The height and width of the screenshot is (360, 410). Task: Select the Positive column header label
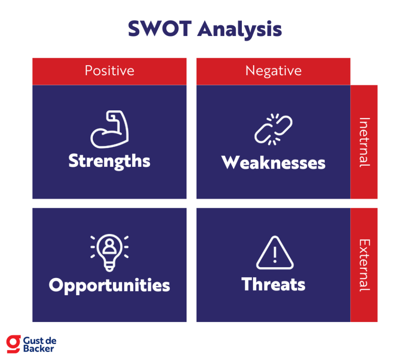coord(110,71)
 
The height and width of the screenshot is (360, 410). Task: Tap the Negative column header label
coord(273,71)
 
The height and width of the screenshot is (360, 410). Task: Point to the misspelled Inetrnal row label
coord(364,142)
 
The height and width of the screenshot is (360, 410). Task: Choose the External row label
coord(364,265)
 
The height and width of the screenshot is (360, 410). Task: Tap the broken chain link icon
coord(274,130)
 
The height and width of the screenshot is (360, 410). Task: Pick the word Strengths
coord(110,161)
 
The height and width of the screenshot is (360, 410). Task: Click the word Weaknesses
coord(274,163)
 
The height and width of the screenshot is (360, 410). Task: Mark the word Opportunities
coord(110,285)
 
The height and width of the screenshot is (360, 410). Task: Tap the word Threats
coord(274,284)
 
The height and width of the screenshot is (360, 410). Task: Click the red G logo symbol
coord(13,343)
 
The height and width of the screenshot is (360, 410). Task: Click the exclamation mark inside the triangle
coord(275,255)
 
